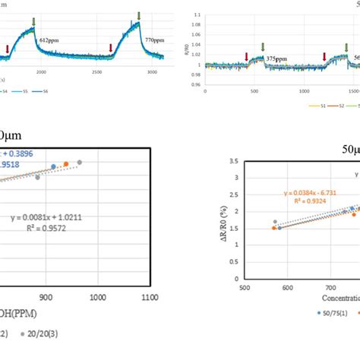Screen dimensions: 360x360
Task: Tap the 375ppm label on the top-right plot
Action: pos(277,58)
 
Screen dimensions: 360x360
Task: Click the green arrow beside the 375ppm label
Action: pos(263,48)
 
